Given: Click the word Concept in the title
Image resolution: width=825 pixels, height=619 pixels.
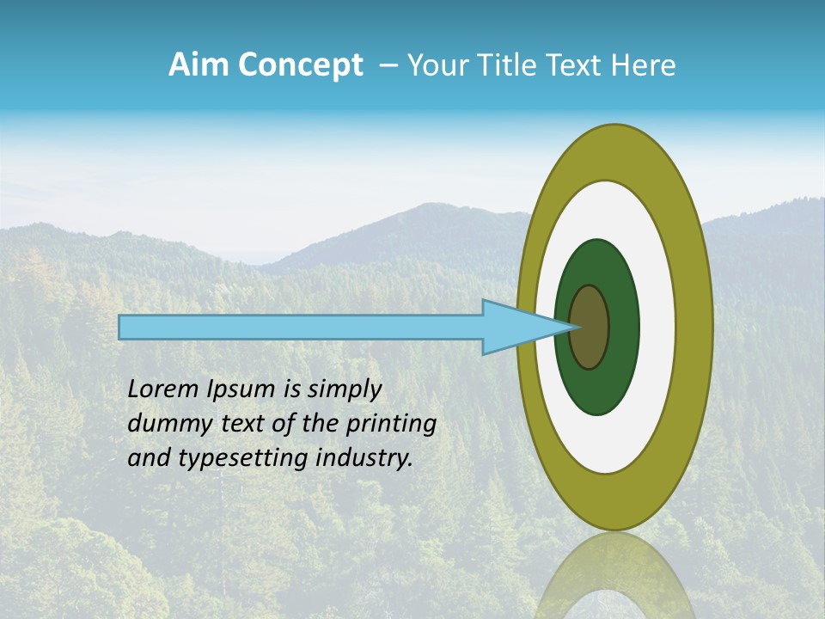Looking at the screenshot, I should tap(299, 65).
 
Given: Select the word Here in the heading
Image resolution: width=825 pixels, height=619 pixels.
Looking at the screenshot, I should tap(643, 65).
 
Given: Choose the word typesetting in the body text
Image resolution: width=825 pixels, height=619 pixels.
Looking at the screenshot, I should tap(247, 459).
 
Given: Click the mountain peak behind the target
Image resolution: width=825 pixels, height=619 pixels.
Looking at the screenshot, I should tap(427, 207).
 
